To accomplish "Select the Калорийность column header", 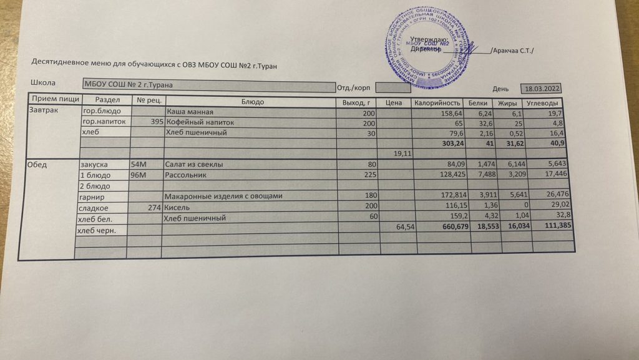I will point(437,103).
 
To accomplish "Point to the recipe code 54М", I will point(138,164).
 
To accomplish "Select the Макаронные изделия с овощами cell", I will point(223,196).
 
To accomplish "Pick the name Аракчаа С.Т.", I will point(514,51).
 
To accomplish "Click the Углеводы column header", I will point(545,103).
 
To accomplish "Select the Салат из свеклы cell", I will point(194,164).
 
